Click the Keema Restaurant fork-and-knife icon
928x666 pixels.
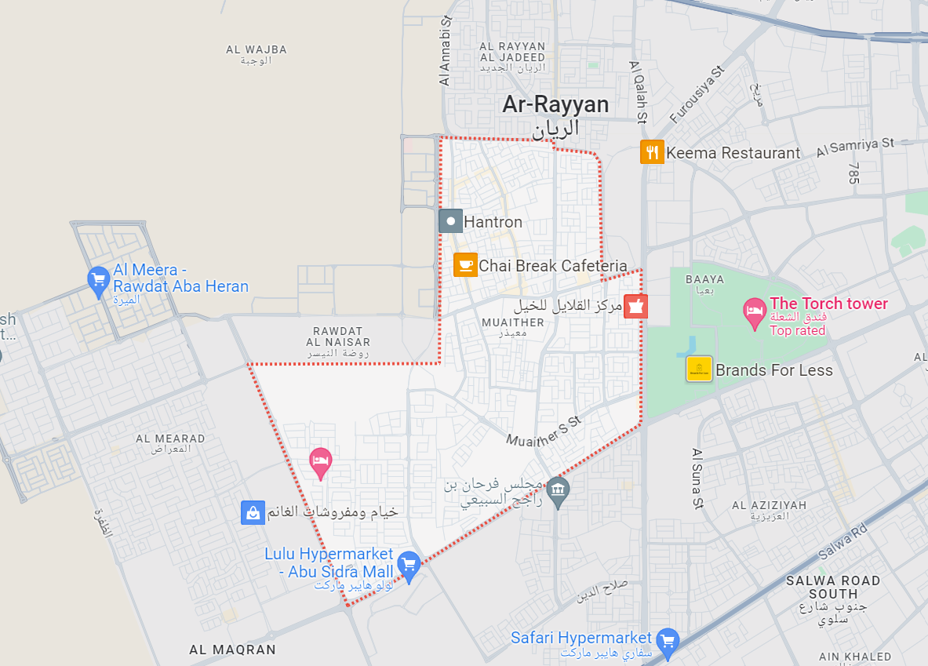(652, 151)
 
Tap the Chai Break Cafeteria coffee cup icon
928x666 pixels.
(465, 265)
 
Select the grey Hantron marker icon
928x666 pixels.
(450, 221)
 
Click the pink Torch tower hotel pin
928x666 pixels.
(754, 311)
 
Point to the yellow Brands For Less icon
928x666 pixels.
(698, 369)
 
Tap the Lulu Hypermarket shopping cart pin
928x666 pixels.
(408, 564)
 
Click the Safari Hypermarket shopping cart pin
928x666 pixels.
(668, 641)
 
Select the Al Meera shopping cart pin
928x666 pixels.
(98, 281)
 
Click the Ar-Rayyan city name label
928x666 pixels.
(555, 104)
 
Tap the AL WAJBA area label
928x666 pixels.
(257, 49)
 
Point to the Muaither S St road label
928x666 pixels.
(543, 431)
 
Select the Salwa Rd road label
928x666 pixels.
(842, 541)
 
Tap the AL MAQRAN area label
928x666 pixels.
(232, 650)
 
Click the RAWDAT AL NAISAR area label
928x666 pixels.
(341, 336)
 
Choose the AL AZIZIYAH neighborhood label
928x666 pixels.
(769, 505)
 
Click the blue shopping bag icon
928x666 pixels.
(253, 513)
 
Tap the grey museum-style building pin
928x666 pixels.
(557, 491)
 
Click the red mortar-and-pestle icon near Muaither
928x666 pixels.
(636, 306)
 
